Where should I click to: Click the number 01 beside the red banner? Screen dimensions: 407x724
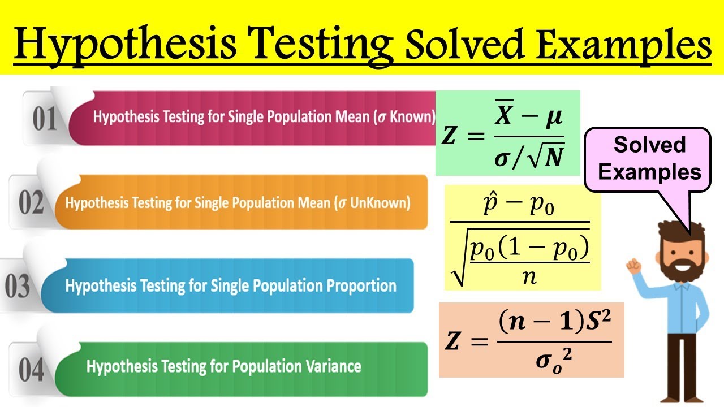[x=45, y=119]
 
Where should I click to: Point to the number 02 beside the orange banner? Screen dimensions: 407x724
[x=31, y=203]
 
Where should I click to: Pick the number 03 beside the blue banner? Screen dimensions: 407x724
[x=18, y=286]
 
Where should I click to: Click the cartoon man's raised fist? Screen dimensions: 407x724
[x=632, y=264]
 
